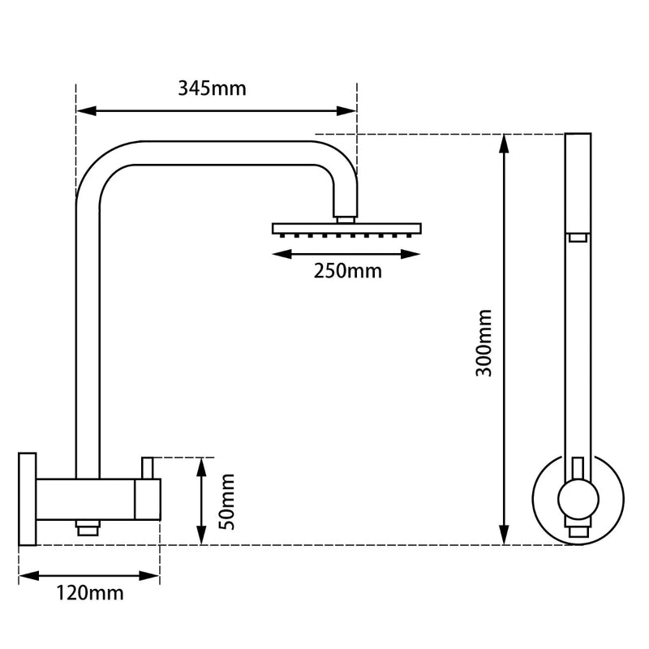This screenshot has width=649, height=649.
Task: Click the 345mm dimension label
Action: (212, 88)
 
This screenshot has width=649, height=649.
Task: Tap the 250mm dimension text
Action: (347, 271)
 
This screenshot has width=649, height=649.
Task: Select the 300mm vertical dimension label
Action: (484, 342)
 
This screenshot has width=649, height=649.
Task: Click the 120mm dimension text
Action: (90, 594)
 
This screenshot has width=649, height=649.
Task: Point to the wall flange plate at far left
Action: (28, 499)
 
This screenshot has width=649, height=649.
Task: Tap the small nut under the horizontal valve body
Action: (85, 528)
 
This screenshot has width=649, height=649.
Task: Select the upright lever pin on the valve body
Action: (148, 467)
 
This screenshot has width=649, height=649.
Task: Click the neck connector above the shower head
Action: (346, 217)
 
